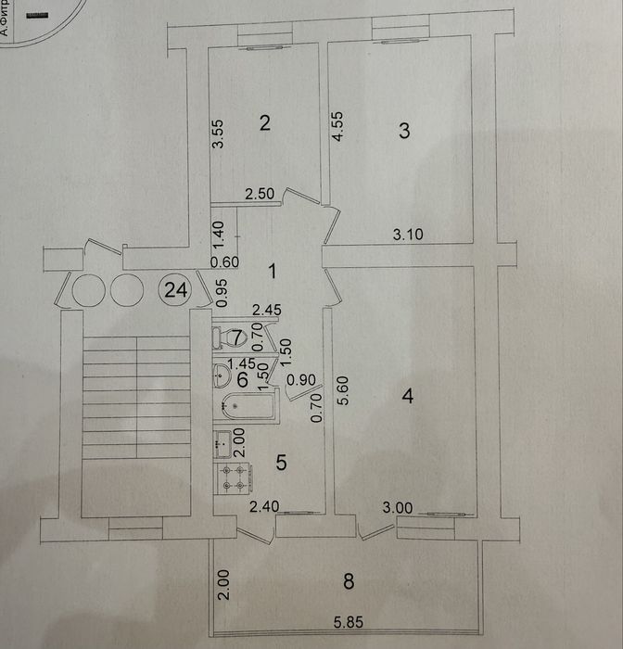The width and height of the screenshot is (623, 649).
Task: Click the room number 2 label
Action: (x=264, y=122)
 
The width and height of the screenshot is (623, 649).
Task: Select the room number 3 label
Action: (x=403, y=131)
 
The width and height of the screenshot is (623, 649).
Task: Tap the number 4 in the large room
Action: (x=406, y=397)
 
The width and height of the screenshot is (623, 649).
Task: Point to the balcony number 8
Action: (x=348, y=582)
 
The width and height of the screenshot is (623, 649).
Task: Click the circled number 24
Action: (x=174, y=290)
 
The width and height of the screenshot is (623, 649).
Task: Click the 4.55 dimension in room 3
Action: (x=338, y=126)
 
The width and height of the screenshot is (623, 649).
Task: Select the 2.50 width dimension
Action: (x=260, y=195)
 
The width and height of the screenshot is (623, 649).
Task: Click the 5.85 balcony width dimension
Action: (x=348, y=624)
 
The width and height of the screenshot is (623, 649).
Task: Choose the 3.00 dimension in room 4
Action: (x=400, y=507)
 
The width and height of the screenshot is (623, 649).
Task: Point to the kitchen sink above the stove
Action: (x=222, y=444)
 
